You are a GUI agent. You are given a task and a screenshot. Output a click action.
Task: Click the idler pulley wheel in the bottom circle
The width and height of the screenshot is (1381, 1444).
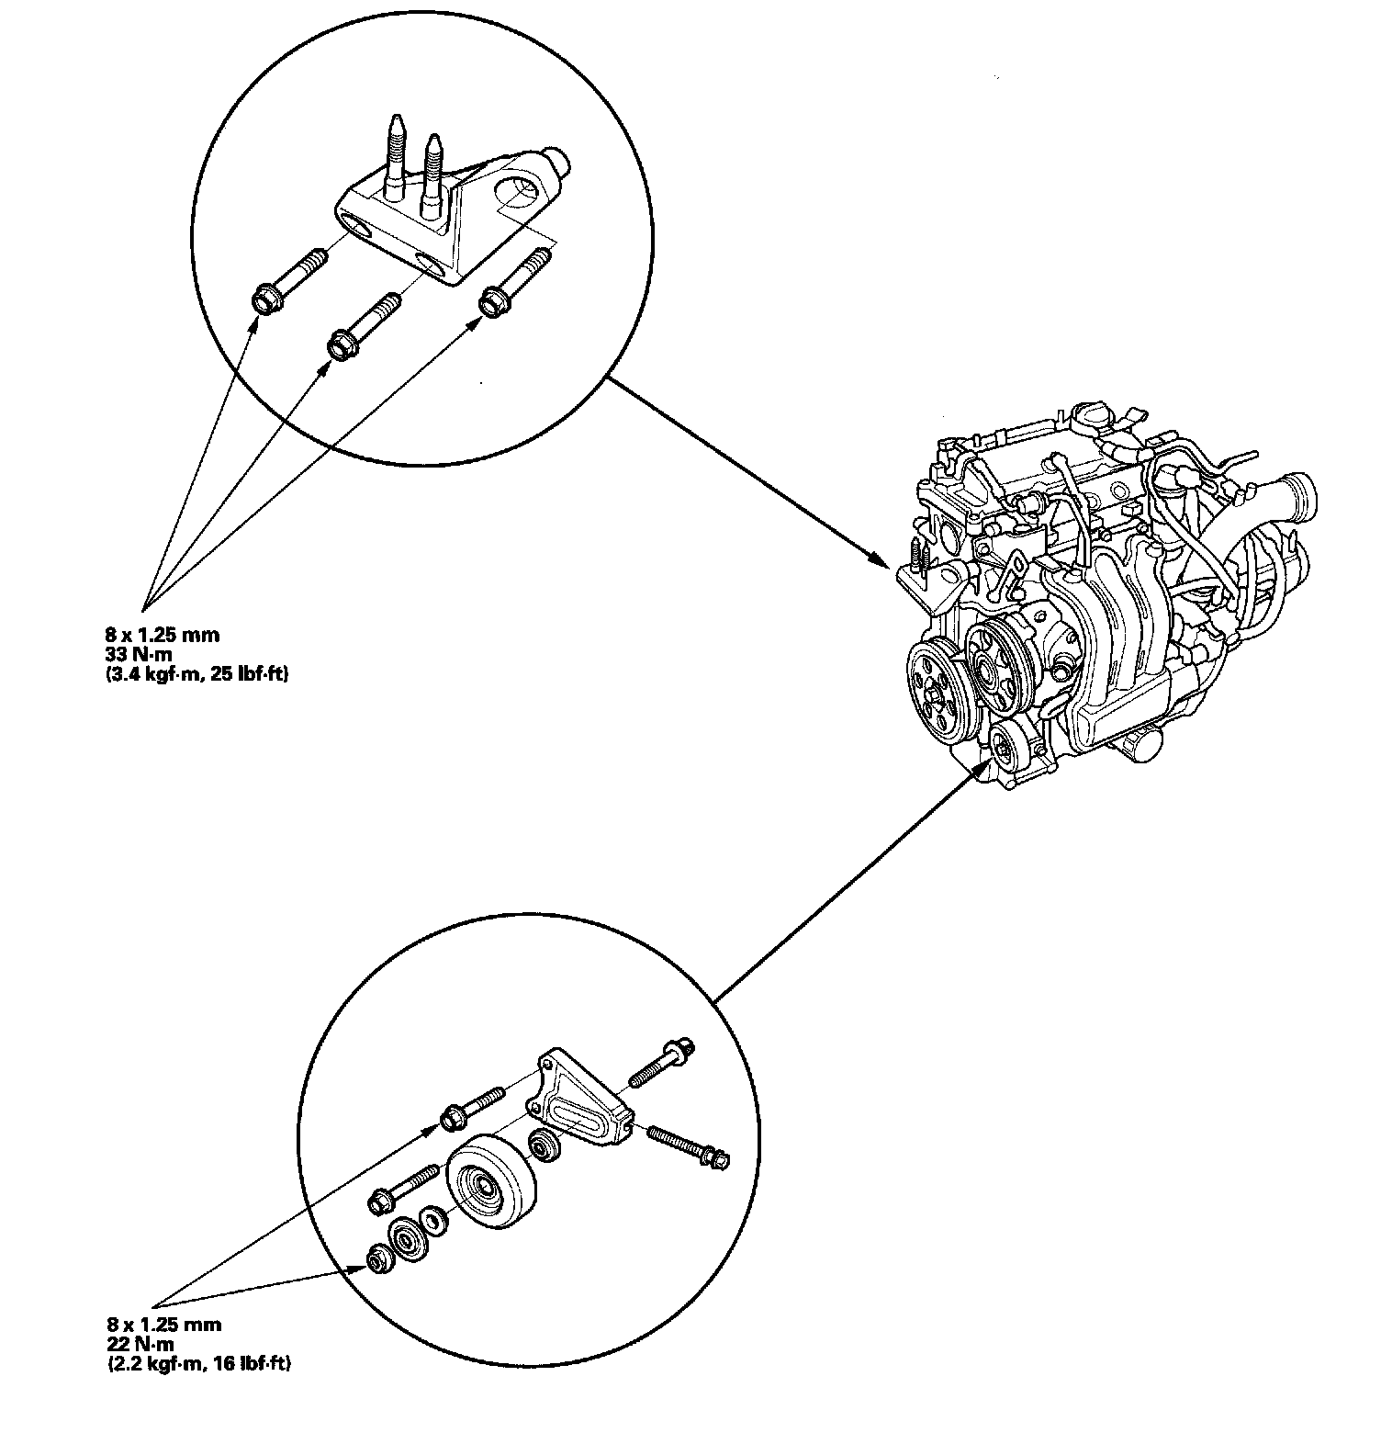(490, 1183)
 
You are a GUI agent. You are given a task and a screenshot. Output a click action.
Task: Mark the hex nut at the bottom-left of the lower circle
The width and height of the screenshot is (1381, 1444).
(378, 1260)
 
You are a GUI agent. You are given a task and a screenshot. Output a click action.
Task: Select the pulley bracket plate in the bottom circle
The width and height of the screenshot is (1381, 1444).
(579, 1102)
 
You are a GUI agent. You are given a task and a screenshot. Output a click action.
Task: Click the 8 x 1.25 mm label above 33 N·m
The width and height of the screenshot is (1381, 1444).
(162, 634)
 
